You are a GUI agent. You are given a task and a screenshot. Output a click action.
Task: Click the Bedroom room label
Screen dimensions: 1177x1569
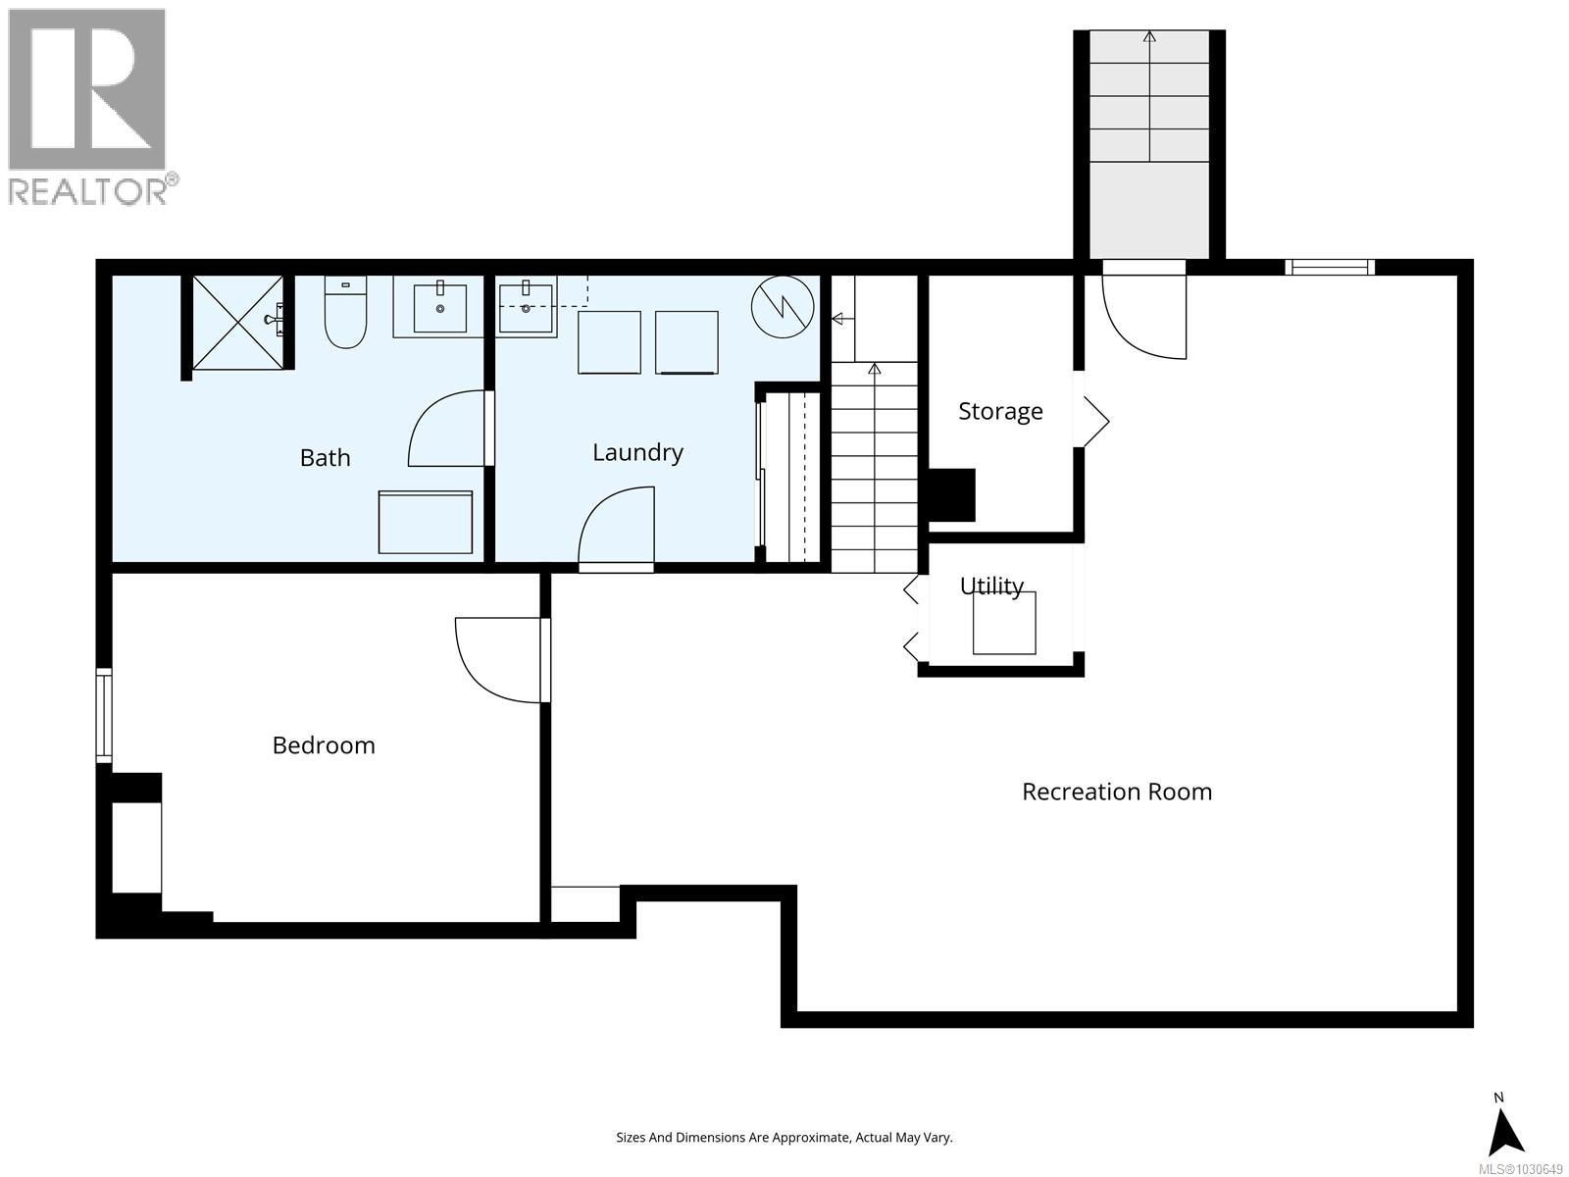324,745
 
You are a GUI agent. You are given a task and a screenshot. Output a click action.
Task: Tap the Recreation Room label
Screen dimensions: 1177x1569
1117,792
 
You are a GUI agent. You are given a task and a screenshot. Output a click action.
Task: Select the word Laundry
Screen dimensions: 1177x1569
637,452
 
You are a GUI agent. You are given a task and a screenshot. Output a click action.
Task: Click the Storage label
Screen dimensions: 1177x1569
1000,411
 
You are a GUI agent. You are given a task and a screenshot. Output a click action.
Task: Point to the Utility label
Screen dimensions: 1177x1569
991,586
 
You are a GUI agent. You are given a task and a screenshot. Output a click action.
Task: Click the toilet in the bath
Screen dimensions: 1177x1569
344,316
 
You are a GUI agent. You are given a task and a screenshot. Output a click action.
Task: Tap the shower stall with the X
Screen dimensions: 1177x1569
236,323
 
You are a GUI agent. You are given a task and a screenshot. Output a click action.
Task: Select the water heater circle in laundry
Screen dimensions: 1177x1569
783,305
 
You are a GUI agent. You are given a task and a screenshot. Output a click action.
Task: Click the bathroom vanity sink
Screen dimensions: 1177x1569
438,306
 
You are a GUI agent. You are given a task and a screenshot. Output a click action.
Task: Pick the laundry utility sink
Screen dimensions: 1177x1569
526,307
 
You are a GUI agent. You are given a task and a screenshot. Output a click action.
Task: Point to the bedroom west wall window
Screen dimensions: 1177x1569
103,715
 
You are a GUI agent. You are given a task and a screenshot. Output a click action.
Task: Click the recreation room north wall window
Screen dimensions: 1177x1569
1330,267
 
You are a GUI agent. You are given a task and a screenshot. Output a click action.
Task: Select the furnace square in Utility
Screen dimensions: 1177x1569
1004,624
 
